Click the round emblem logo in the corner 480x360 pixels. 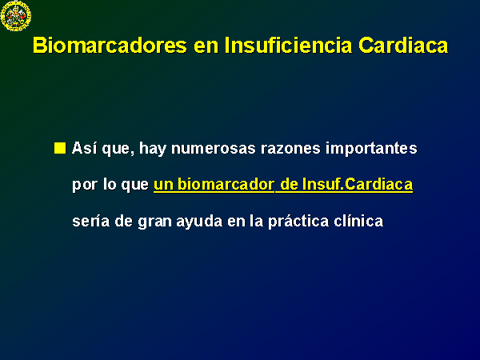click(16, 16)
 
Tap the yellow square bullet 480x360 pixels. click(60, 148)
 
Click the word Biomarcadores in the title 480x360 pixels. click(110, 46)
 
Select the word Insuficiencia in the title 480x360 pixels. click(288, 46)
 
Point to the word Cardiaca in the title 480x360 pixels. click(403, 46)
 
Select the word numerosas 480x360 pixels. click(214, 149)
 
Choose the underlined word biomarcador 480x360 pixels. click(226, 184)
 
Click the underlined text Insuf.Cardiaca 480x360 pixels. click(358, 184)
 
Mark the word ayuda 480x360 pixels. click(199, 222)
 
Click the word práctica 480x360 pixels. click(298, 222)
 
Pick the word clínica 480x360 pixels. click(358, 221)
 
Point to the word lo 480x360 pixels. click(109, 184)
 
